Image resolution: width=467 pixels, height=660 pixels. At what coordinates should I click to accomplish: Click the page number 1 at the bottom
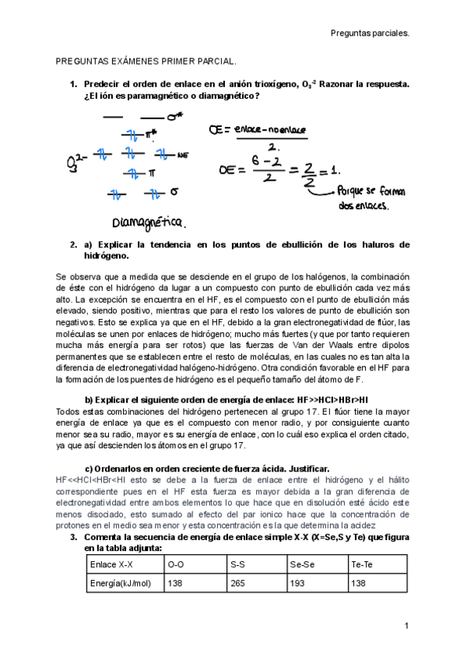406,626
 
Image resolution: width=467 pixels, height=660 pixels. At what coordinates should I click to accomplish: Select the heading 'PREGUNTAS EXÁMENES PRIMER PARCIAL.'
146,60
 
